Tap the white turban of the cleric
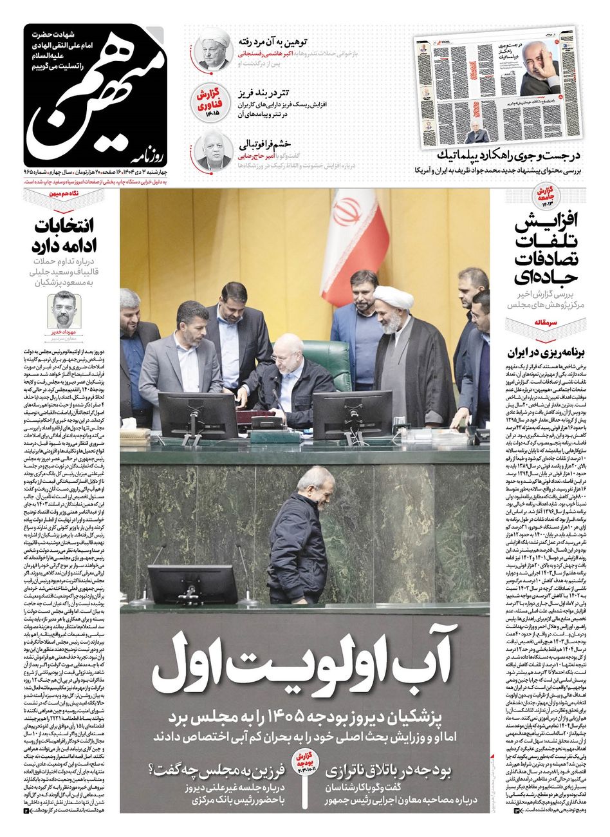click(x=394, y=297)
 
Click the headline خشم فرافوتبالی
click(x=265, y=144)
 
